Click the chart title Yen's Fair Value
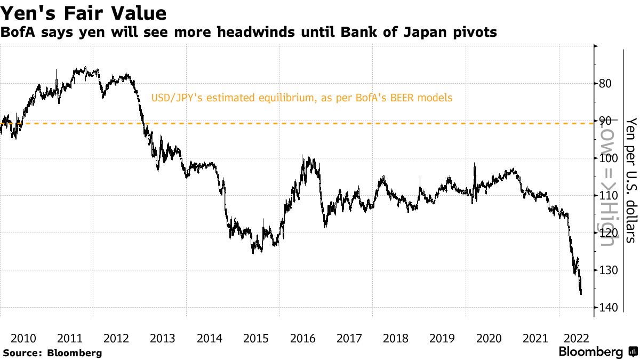(84, 13)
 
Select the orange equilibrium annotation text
(302, 98)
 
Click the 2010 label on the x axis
(23, 338)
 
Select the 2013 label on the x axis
(163, 338)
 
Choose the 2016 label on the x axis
(302, 338)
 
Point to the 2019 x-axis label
(442, 338)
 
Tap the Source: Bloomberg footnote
(52, 353)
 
